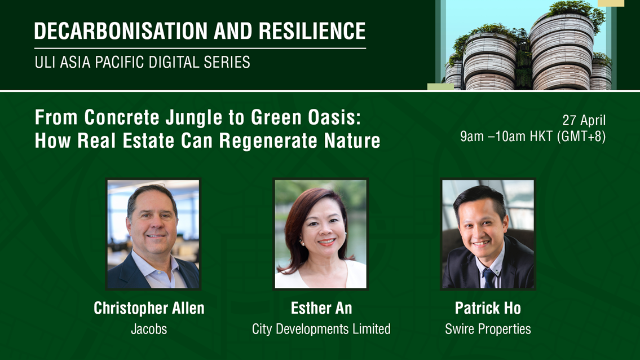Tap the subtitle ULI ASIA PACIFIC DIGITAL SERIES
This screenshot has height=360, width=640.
(x=142, y=62)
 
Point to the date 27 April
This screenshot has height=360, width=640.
(x=584, y=120)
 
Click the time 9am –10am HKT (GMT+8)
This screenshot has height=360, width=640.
(x=533, y=137)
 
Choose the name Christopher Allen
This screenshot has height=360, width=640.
(x=149, y=308)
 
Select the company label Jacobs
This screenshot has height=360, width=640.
(x=149, y=329)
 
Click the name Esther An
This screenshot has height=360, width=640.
(x=321, y=308)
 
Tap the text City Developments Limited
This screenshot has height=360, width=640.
(x=321, y=329)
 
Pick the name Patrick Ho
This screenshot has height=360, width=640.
(x=488, y=308)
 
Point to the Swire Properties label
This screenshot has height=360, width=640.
(x=488, y=329)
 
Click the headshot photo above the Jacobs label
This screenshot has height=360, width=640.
(x=153, y=234)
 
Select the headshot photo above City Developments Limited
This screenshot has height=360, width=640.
(x=320, y=234)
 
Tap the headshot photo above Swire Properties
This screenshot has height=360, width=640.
(x=488, y=234)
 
